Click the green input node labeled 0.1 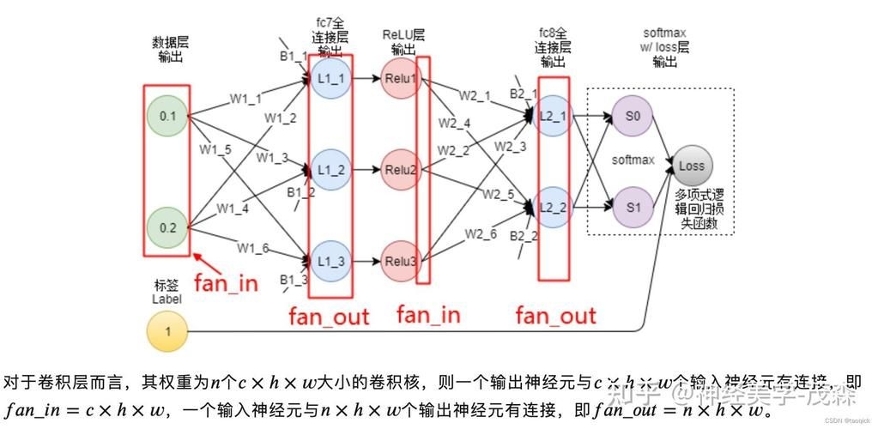coord(167,116)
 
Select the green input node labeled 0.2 coord(167,227)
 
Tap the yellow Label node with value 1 coord(167,331)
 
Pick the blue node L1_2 coord(330,170)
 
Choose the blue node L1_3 coord(330,260)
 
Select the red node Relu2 coord(401,170)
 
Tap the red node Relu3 coord(401,260)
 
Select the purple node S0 coord(633,115)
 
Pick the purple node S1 coord(633,207)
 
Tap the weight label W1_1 coord(245,99)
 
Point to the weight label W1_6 coord(253,248)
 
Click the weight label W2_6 coord(481,233)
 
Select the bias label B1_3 coord(294,280)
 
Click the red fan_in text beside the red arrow coord(225,283)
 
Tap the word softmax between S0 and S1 coord(633,160)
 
